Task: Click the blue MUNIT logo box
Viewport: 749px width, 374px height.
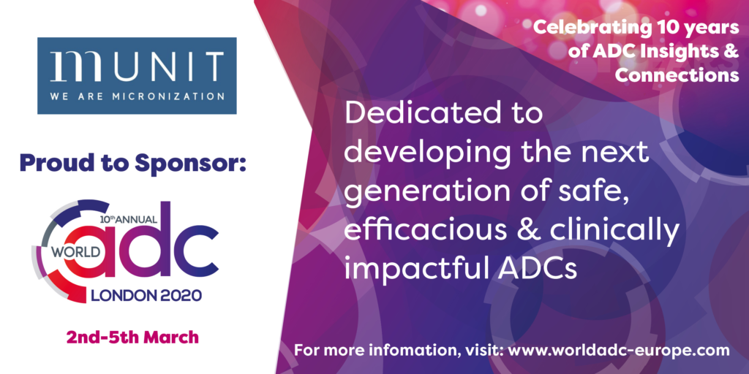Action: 137,75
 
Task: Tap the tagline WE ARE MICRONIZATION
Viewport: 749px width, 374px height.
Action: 137,96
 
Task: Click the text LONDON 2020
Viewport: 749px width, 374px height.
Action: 146,295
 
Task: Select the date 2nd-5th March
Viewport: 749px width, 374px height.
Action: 132,337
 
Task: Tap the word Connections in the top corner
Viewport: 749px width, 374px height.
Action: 677,75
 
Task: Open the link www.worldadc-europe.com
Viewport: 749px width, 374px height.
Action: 619,351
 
